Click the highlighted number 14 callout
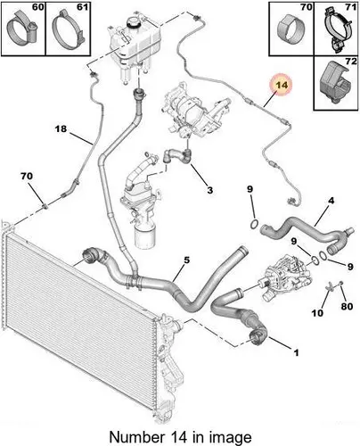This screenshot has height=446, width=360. (x=282, y=85)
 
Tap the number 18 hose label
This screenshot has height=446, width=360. (x=61, y=129)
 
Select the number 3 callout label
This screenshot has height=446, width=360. (x=209, y=190)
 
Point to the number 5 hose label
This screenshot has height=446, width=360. (x=186, y=260)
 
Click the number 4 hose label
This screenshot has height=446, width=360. (x=331, y=201)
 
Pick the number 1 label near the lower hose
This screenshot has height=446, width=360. (x=296, y=352)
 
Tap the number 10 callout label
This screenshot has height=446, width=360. (x=317, y=313)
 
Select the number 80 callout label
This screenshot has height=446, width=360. (x=347, y=306)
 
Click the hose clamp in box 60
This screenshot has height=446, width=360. (x=21, y=29)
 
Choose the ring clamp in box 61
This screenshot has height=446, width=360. (x=69, y=29)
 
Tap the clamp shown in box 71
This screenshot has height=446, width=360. (x=338, y=29)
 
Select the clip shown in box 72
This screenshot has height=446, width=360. (x=334, y=82)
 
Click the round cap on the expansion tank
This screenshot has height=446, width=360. (x=134, y=21)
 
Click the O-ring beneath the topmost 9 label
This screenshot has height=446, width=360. (x=254, y=225)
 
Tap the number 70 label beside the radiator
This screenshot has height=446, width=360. (x=27, y=177)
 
